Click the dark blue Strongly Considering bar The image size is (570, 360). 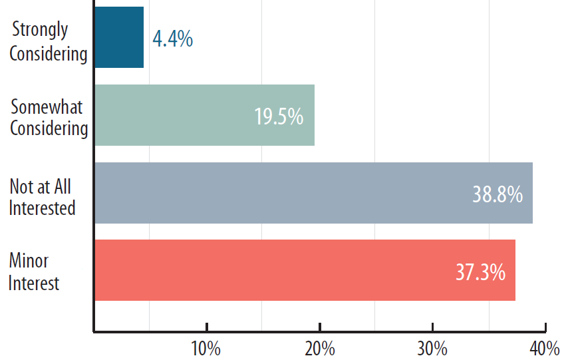pos(119,37)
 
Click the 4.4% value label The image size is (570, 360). pos(173,39)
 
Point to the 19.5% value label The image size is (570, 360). pos(279,116)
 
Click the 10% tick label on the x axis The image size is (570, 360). pos(206,348)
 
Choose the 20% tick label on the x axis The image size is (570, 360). pos(319,348)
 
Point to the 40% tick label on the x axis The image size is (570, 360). pos(545,348)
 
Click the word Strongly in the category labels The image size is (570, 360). pos(41,30)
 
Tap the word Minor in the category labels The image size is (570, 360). pos(29,261)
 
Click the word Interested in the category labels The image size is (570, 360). pos(42,208)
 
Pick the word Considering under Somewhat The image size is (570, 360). pos(49,128)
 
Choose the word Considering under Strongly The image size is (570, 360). pos(49,53)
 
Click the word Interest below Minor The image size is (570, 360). pos(34,283)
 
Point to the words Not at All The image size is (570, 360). pos(41,186)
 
